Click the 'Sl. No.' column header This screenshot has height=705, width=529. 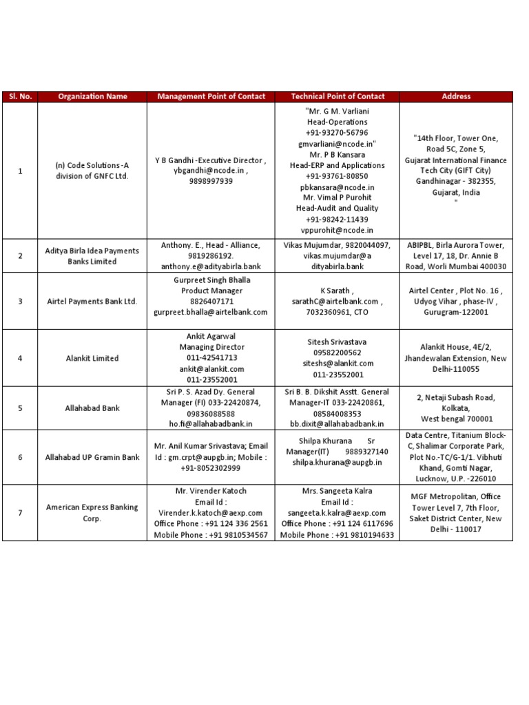[20, 96]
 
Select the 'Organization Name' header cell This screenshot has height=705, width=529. [92, 96]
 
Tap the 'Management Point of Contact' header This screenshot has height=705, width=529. [211, 96]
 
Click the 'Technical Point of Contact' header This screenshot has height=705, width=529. [337, 96]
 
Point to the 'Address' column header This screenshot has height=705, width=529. [456, 96]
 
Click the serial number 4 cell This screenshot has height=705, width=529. [20, 358]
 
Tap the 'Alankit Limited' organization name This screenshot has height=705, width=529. [92, 358]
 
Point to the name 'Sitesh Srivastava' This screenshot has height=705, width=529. [338, 341]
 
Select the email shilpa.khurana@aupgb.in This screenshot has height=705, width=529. [337, 463]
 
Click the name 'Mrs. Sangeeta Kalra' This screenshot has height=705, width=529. [337, 491]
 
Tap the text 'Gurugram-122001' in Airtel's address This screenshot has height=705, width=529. [456, 312]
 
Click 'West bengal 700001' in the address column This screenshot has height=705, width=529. [456, 419]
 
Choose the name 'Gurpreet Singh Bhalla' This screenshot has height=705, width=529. [211, 280]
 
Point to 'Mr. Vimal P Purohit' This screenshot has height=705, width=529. [337, 198]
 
